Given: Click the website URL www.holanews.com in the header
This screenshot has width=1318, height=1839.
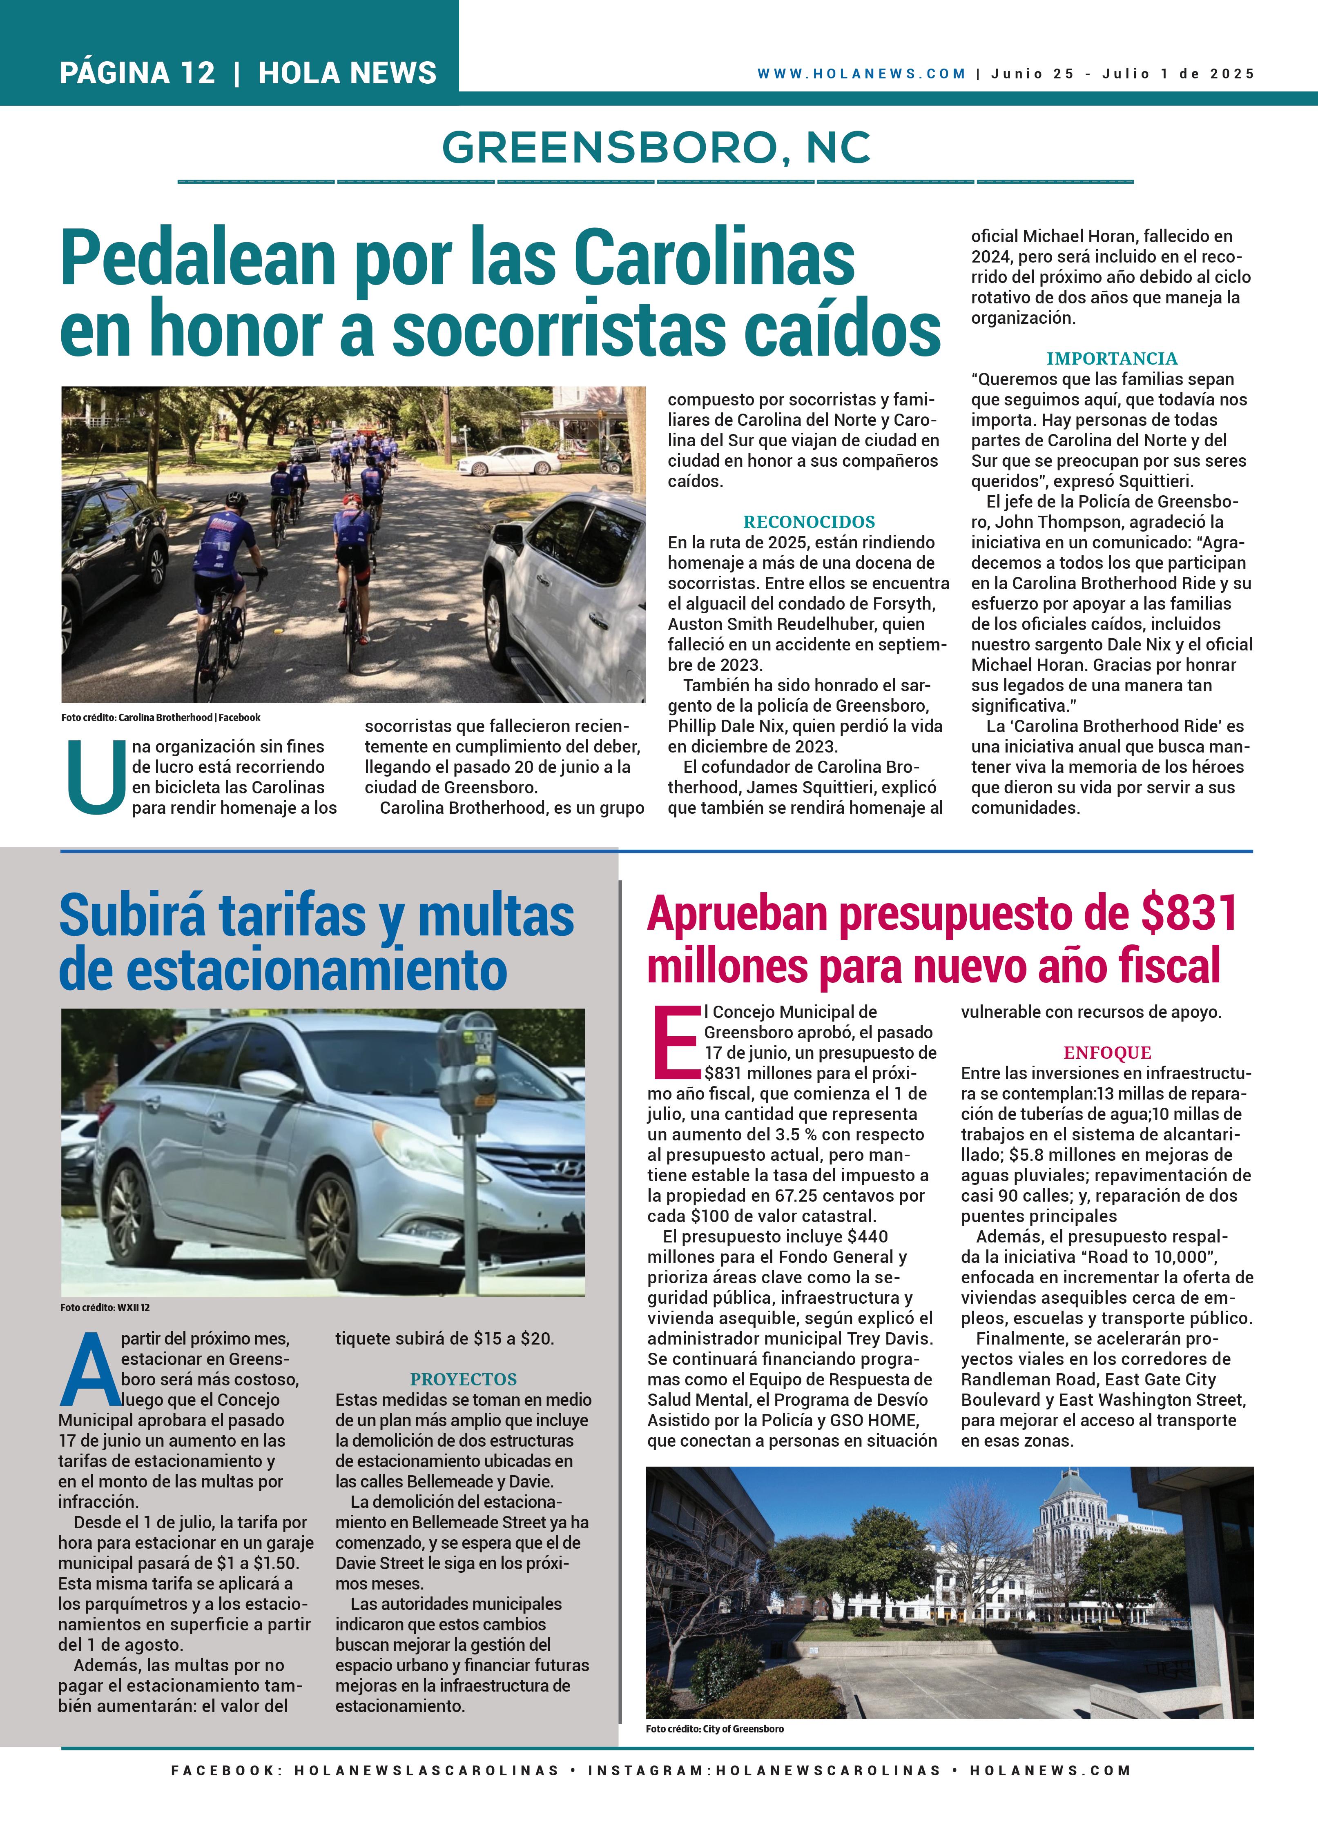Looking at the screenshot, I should pyautogui.click(x=861, y=74).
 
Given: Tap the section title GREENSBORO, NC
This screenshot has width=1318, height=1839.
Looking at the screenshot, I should pyautogui.click(x=657, y=147).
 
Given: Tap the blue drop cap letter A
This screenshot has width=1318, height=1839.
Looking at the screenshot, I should pyautogui.click(x=90, y=1370).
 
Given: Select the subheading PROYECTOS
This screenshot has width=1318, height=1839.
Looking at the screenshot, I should pyautogui.click(x=463, y=1379).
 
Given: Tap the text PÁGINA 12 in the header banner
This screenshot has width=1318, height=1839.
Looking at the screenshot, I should pyautogui.click(x=137, y=73).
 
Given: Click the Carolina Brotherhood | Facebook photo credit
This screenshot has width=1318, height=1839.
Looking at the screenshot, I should pyautogui.click(x=161, y=718).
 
